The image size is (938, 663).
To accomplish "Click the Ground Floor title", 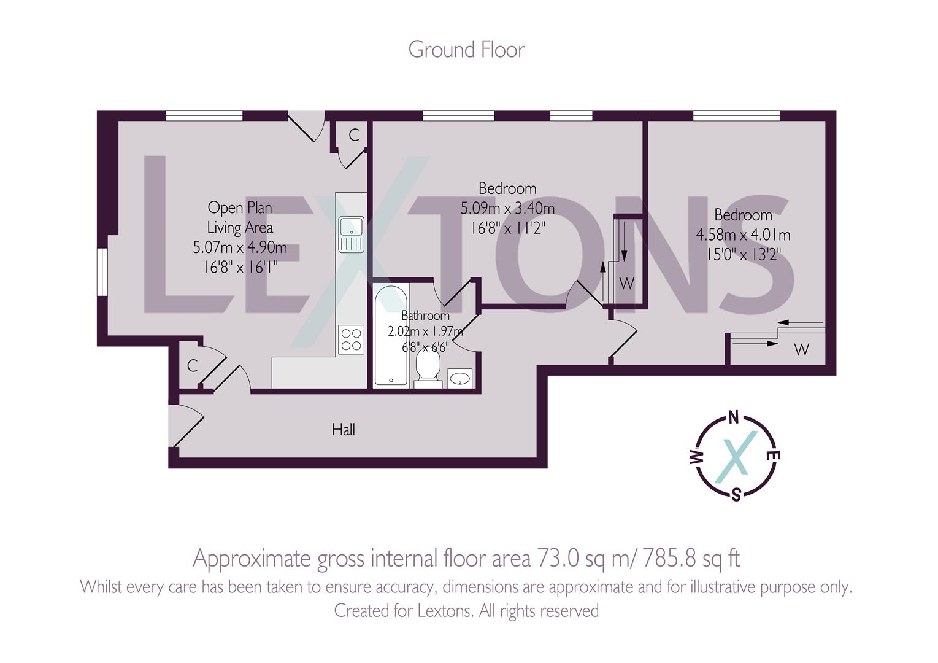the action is pos(466,50).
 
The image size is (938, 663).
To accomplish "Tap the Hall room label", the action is pos(344,430).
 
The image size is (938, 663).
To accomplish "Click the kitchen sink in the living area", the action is pos(352,235).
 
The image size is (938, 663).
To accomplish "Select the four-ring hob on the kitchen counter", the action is pos(351,339).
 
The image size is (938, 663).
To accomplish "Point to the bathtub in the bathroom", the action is pos(391,336).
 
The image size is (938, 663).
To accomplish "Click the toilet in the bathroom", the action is pos(428,368).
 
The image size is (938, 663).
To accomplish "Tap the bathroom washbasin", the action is pos(459,378).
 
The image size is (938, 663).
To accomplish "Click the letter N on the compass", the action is pos(733,418).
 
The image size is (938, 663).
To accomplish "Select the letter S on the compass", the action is pos(736,495).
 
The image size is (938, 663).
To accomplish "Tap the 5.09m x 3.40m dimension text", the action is pos(507,208).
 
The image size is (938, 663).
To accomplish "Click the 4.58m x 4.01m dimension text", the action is pos(744,235).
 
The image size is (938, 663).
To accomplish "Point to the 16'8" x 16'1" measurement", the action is pos(240,267).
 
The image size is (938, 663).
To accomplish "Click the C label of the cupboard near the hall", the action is pos(192,366).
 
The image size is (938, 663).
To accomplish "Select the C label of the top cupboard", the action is pos(354,135).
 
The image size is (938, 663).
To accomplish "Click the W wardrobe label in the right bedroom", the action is pos(801,349).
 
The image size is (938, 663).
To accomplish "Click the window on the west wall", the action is pos(102,273).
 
